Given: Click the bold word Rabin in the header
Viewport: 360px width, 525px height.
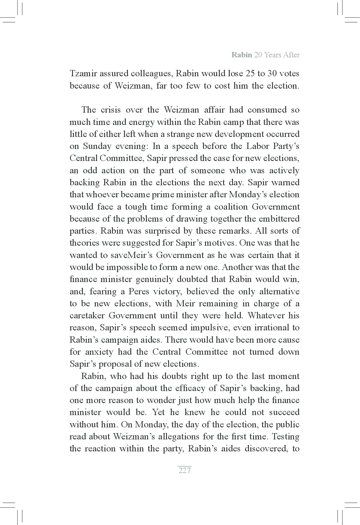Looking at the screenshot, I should pos(242,55).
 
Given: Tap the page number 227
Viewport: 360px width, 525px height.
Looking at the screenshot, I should pos(185,470).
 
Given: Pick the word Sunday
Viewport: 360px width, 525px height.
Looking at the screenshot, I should pos(95,146).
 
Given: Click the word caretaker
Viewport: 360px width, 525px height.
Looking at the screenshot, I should pos(87,316).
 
